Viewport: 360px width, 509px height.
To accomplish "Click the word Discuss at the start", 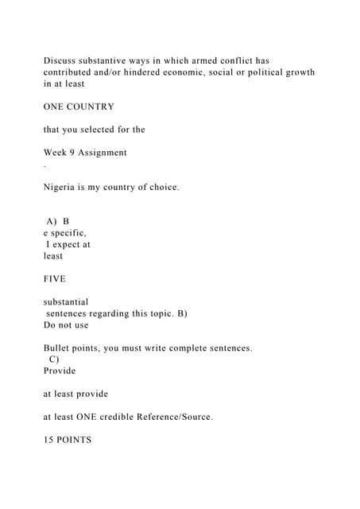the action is pyautogui.click(x=60, y=60).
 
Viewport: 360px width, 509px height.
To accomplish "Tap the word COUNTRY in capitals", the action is pyautogui.click(x=91, y=107).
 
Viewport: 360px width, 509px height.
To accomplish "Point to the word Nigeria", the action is pyautogui.click(x=62, y=188).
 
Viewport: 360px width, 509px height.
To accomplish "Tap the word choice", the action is pyautogui.click(x=161, y=188).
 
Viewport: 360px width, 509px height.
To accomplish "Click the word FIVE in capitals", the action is pyautogui.click(x=55, y=279).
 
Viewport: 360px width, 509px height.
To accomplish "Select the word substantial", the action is pyautogui.click(x=66, y=302).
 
